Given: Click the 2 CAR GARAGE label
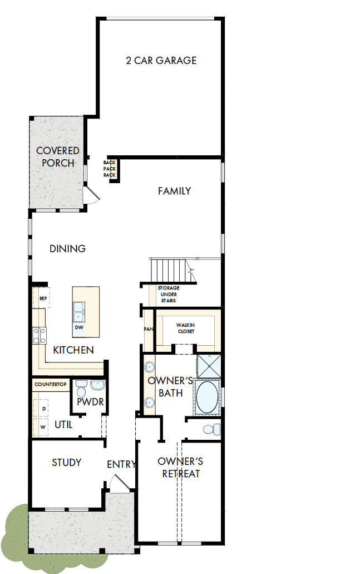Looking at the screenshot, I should (x=161, y=60).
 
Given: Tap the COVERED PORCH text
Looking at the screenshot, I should (x=57, y=156).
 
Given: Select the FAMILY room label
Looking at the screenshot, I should (x=174, y=191).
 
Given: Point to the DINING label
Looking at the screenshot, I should (x=67, y=248).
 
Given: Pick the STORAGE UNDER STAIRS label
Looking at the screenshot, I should (x=167, y=294).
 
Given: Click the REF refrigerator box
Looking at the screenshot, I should (x=42, y=298).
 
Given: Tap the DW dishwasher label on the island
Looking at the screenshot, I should (x=79, y=327).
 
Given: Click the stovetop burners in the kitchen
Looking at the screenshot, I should (x=39, y=335).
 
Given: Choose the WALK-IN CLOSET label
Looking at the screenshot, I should (x=185, y=327).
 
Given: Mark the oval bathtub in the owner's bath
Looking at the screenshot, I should (x=207, y=396).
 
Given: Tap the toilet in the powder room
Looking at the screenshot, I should (x=82, y=386).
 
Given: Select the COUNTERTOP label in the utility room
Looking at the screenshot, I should (x=51, y=384).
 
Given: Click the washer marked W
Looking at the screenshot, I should (x=42, y=427).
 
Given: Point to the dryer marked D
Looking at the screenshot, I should (x=42, y=409).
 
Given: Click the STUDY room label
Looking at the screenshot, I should (x=66, y=462).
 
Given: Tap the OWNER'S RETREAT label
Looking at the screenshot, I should (x=180, y=468).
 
